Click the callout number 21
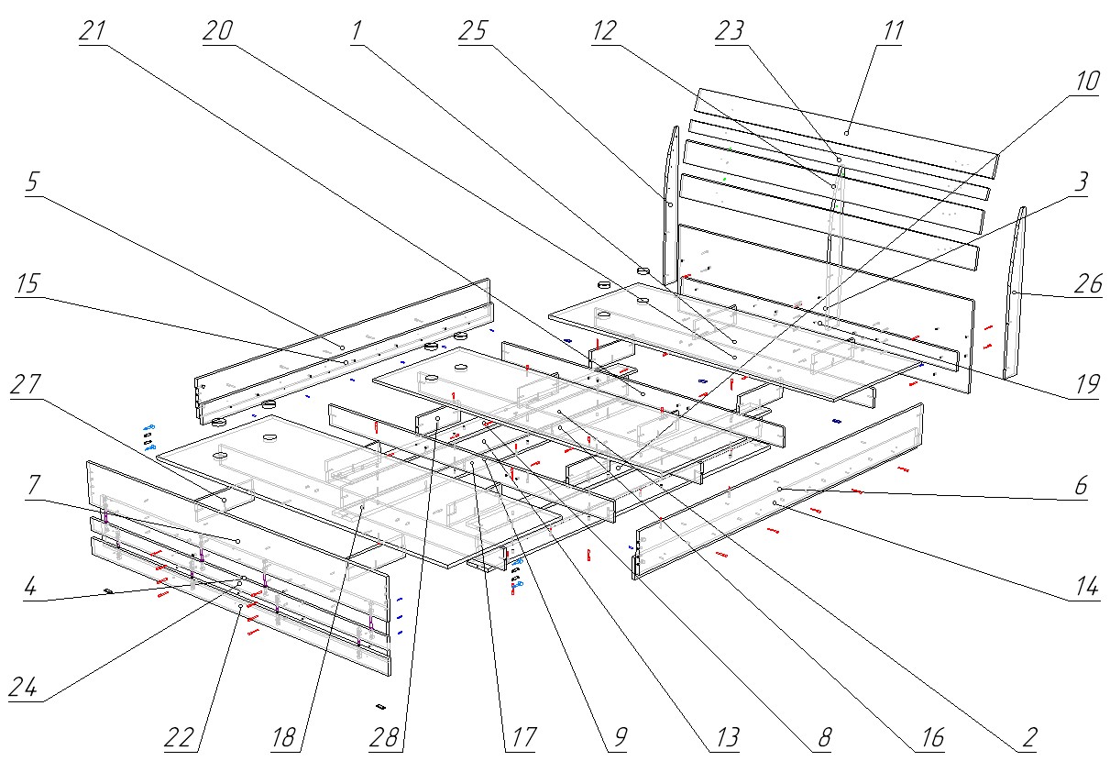tap(93, 31)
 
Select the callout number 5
tap(32, 182)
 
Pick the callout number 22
tap(181, 737)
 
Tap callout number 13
tap(725, 737)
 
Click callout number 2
tap(1029, 737)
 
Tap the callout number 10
tap(1085, 82)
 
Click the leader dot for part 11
tap(848, 133)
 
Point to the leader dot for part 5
tap(341, 348)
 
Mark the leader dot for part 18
tap(363, 504)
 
